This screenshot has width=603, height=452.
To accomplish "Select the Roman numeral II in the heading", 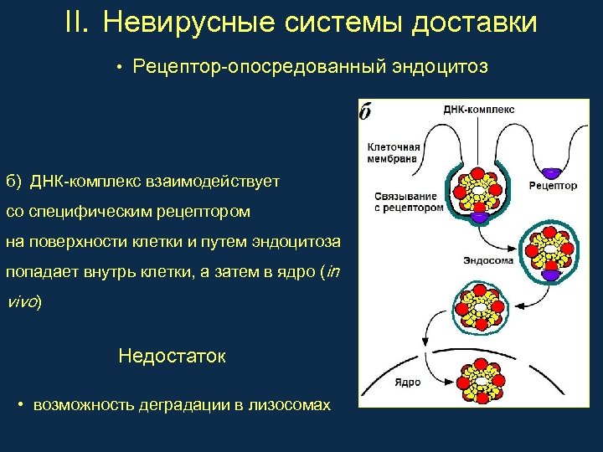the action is coord(77,23).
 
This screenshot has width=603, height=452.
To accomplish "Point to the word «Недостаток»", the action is coord(172,356).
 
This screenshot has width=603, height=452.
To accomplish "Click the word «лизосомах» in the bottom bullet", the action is coord(290,405).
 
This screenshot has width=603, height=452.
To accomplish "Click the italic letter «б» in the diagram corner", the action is coord(366,112).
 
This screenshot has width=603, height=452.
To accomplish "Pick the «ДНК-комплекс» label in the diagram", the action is coord(478,109).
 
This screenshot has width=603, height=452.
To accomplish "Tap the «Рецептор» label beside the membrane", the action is coord(553,186).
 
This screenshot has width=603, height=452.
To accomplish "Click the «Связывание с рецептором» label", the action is coord(408,201).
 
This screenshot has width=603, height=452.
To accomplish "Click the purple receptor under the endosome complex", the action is coord(552,274).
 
